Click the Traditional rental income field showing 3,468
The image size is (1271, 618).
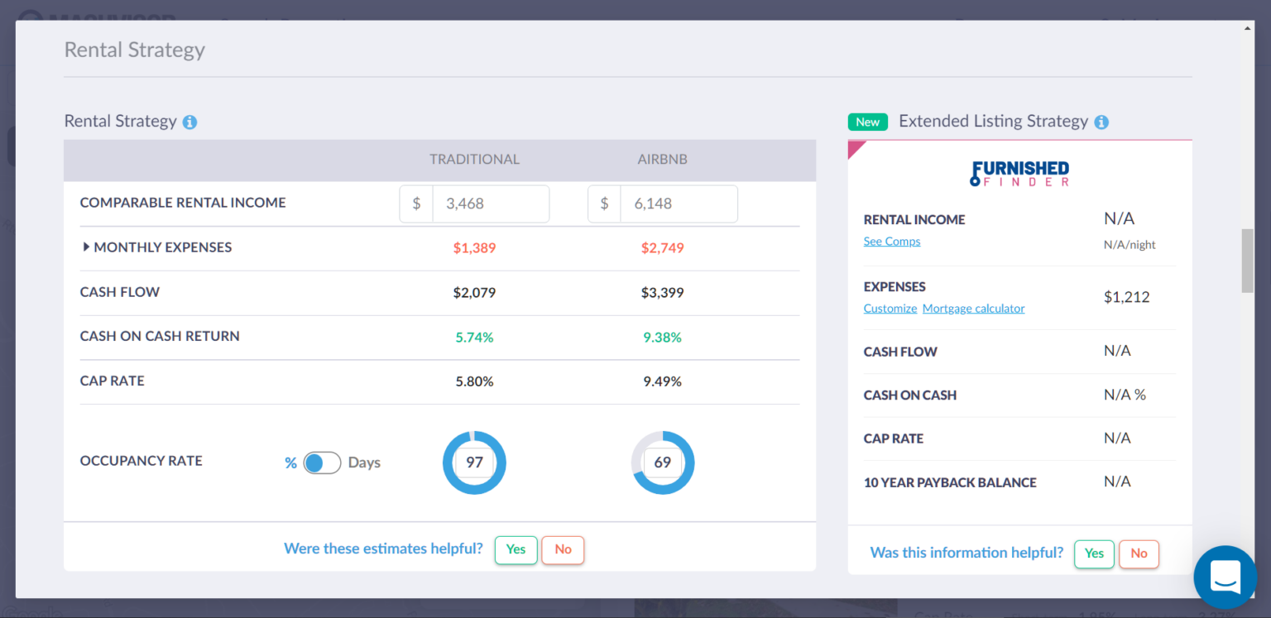[x=490, y=204]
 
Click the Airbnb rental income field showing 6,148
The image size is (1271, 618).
[x=679, y=204]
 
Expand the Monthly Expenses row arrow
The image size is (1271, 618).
[x=86, y=247]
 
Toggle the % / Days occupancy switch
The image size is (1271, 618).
[x=322, y=462]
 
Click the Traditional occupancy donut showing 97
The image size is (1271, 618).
[x=474, y=462]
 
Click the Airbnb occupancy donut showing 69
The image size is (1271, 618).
[x=663, y=462]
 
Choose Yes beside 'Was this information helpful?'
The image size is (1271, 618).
[x=1094, y=553]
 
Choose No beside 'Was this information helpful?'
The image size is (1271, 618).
[x=1139, y=553]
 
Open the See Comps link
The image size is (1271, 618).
[x=891, y=242]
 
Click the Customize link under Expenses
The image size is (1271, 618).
[x=890, y=309]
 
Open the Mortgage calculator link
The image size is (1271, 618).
[x=973, y=309]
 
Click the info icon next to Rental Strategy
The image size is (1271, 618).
[x=189, y=122]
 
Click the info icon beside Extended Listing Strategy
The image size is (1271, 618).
[x=1101, y=122]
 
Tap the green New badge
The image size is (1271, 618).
[x=867, y=122]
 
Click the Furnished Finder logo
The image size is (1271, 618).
[x=1019, y=174]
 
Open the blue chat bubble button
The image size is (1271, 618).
[x=1225, y=577]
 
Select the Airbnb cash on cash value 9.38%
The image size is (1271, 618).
[x=662, y=338]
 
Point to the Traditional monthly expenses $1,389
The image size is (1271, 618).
[x=474, y=248]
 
